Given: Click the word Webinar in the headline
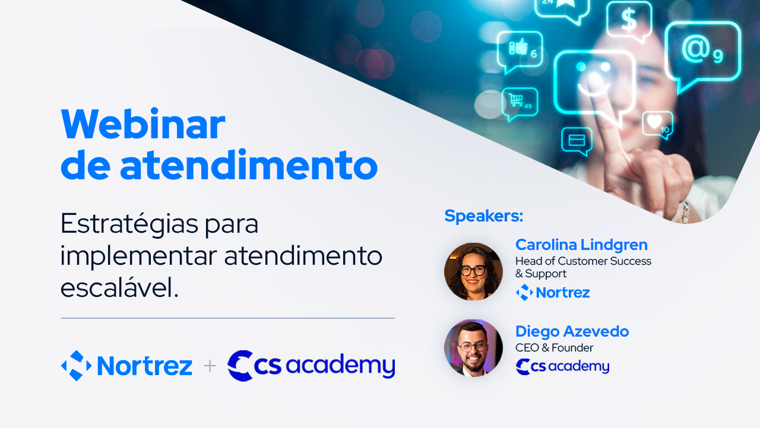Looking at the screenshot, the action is (143, 124).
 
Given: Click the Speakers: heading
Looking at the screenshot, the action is (484, 216).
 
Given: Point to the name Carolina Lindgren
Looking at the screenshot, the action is (581, 245).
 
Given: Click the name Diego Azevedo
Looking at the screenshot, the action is (572, 331).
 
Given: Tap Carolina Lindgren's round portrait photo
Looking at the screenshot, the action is (474, 271).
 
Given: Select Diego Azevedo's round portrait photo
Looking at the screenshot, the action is (474, 348).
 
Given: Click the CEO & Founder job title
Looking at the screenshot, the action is (555, 348).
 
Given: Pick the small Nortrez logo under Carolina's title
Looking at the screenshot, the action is (553, 292).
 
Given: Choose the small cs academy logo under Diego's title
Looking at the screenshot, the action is (562, 367).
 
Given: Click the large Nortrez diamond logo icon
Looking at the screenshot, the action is (77, 366).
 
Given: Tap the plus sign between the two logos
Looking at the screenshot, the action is (210, 366).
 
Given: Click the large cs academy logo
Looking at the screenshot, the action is (311, 366).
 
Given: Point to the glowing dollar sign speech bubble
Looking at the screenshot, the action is (629, 22).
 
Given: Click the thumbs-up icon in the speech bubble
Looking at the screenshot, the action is (518, 47).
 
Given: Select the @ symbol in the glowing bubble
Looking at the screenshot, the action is (696, 49).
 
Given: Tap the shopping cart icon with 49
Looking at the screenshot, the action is (516, 100).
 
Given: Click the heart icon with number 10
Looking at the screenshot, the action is (654, 122).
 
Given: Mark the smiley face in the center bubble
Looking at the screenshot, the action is (594, 79).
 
